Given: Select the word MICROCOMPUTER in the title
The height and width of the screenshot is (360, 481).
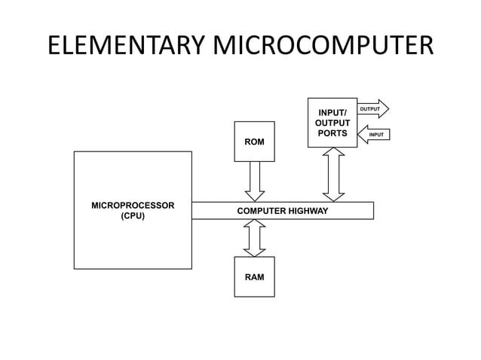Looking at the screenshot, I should coord(326,46).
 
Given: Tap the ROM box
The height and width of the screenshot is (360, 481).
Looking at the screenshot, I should coord(254,141).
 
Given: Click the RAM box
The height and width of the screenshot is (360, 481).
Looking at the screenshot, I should coord(254,276).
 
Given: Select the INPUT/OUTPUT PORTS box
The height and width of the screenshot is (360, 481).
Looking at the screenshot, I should coord(332,122).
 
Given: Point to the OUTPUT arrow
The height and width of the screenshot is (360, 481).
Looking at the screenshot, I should coord(372,109).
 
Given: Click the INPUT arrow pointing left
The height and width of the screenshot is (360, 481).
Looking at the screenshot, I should coord(374,135).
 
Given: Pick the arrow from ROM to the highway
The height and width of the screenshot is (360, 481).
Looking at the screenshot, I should coord(255,181).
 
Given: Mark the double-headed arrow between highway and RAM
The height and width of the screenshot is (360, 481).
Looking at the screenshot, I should coord(255,238).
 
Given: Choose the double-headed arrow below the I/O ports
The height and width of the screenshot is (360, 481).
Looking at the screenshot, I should coord(332,175).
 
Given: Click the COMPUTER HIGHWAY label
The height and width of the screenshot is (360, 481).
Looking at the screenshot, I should coord(282,211).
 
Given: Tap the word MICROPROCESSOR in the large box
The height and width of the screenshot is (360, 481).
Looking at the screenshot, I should coord(133,205).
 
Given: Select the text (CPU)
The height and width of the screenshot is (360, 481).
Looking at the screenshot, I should coord(133,216).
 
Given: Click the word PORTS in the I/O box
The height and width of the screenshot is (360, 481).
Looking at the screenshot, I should coord(332,133).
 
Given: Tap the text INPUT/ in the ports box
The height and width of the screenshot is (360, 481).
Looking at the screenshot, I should coord(332,112).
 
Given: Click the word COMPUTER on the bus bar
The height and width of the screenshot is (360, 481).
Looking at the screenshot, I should coord(259,211).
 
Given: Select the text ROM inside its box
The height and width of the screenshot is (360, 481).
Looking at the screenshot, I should coord(254,142).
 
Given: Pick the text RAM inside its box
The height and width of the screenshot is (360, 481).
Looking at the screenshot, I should coord(254,277).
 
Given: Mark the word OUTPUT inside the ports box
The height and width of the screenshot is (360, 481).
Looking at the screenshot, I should coord(332,123).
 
